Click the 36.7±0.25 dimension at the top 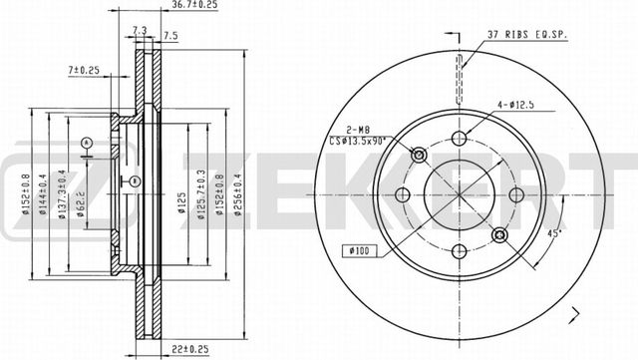click(195, 6)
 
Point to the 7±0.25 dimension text click(85, 70)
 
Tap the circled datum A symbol click(89, 143)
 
